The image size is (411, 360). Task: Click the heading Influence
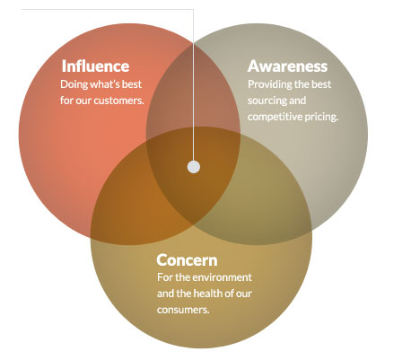click(95, 66)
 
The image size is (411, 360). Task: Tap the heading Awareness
click(287, 66)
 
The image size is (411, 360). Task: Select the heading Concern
click(187, 260)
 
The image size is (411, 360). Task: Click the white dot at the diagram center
click(194, 167)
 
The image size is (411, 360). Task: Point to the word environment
click(226, 277)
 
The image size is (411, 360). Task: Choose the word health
click(205, 294)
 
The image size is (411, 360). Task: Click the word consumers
click(183, 310)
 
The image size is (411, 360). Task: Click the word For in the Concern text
click(165, 277)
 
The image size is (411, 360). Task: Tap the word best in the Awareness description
click(321, 84)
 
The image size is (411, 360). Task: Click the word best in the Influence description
click(132, 84)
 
